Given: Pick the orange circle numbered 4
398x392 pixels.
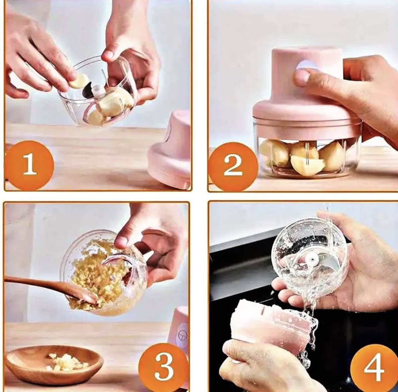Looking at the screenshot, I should click(x=374, y=368).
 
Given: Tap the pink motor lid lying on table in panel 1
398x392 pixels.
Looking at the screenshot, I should click(x=171, y=150).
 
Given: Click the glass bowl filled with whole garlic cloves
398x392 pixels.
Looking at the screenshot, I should click(x=306, y=155).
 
